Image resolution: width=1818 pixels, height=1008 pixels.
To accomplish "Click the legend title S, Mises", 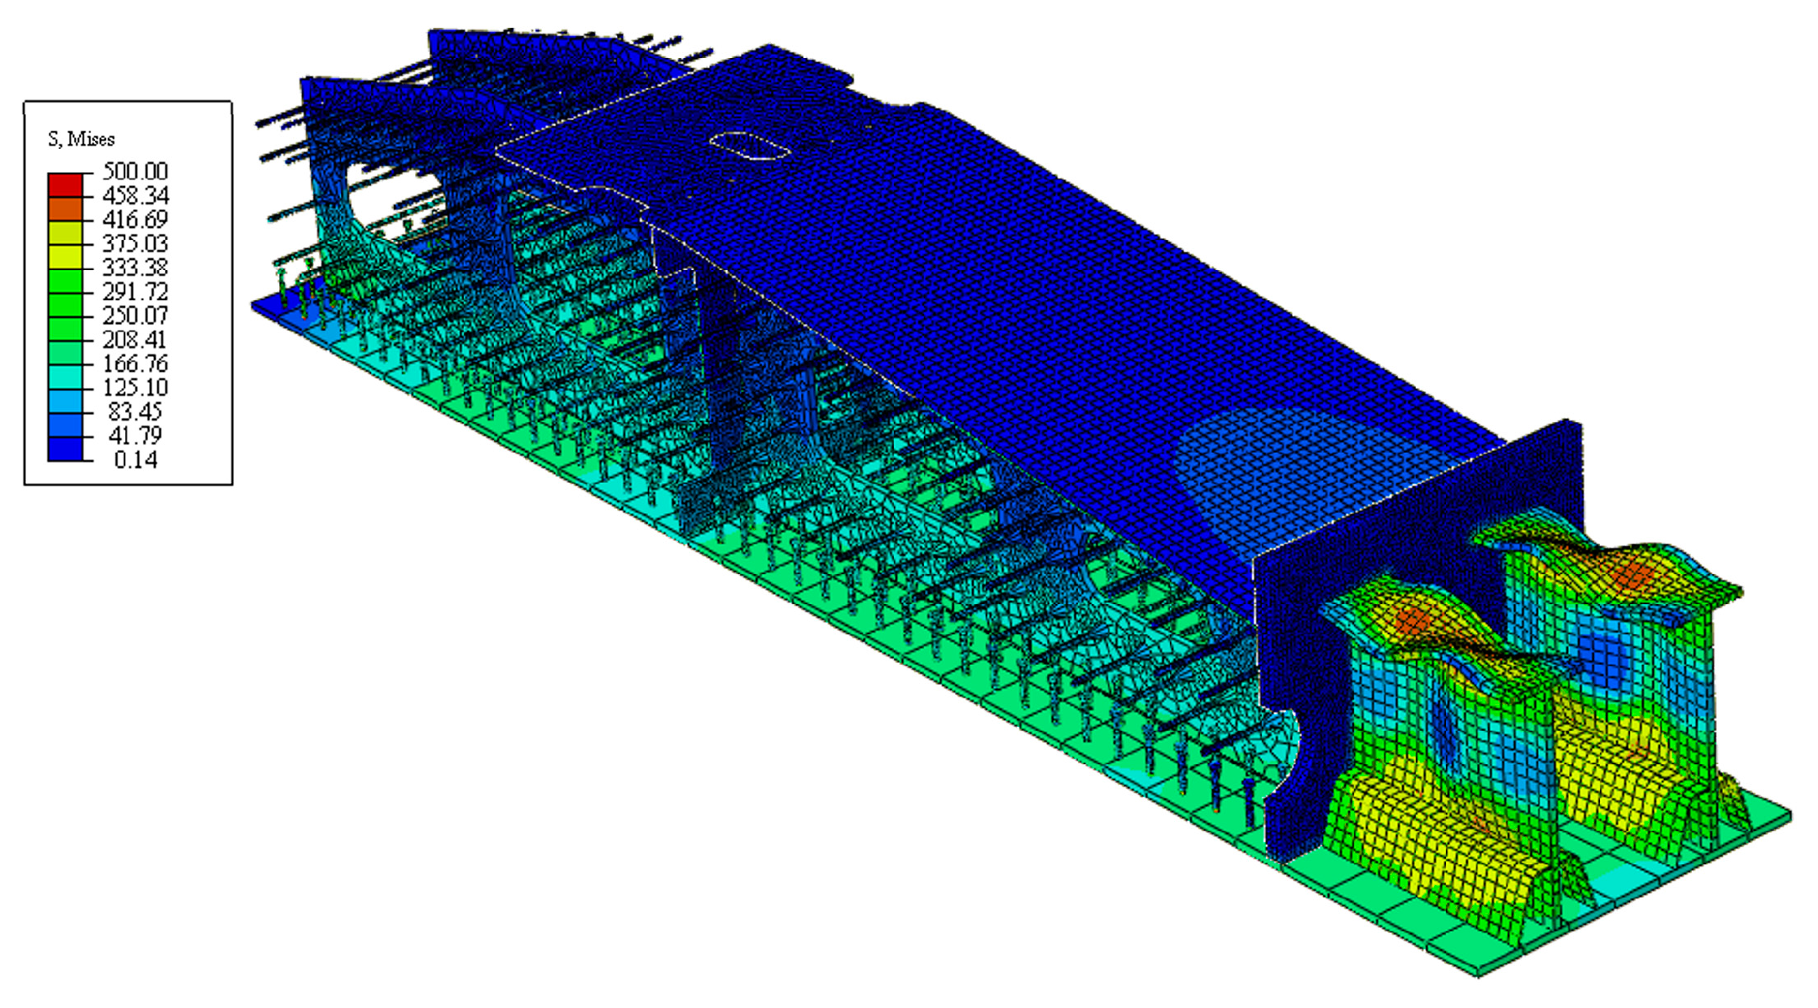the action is point(81,139).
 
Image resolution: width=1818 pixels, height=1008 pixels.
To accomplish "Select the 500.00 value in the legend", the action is point(135,172).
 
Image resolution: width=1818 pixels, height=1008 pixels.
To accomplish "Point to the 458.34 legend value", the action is point(135,195).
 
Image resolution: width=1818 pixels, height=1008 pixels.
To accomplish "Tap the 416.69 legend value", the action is point(135,220).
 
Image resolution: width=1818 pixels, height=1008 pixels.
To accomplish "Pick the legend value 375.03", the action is point(135,243).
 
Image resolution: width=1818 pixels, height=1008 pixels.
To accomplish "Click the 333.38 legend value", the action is point(135,268).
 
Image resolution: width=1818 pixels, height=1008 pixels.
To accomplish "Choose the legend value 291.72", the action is point(135,291).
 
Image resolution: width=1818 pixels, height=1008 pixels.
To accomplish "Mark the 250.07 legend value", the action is point(135,316).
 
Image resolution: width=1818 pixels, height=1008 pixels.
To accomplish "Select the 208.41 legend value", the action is point(135,339).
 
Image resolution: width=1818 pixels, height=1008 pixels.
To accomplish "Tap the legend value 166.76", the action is point(135,363).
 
